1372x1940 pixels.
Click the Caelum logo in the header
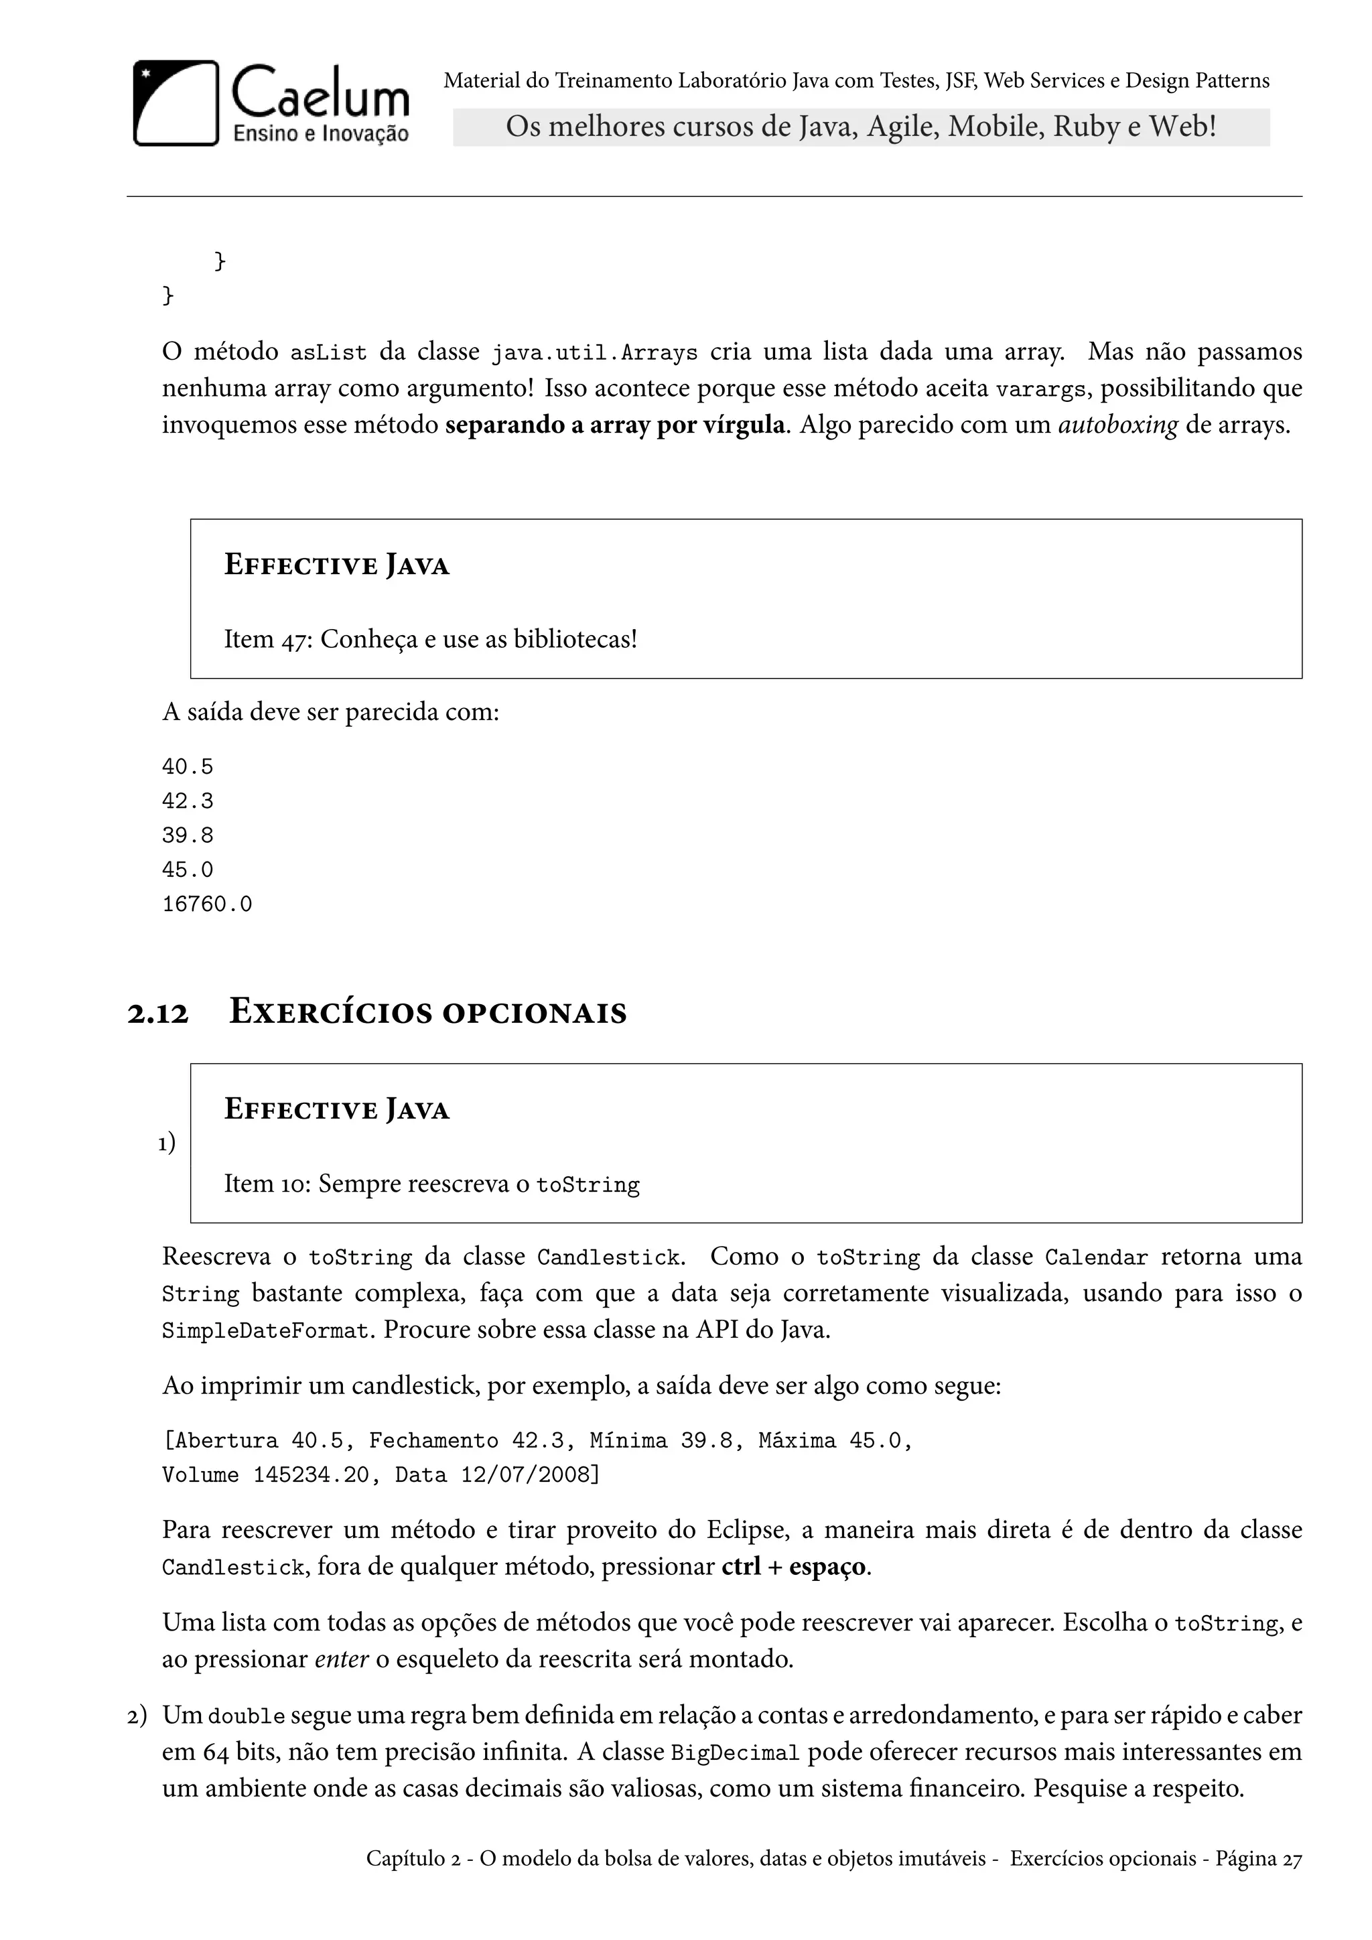tap(271, 103)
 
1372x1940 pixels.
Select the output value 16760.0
tap(207, 904)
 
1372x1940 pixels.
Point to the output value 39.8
tap(188, 835)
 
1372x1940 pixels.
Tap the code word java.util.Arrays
tap(595, 353)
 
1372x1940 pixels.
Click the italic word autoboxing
tap(1117, 425)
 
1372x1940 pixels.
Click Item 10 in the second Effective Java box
tap(266, 1184)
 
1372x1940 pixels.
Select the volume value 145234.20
tap(312, 1475)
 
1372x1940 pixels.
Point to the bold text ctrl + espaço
tap(793, 1568)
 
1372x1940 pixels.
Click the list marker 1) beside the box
tap(166, 1144)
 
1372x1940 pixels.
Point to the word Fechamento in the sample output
tap(433, 1441)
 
